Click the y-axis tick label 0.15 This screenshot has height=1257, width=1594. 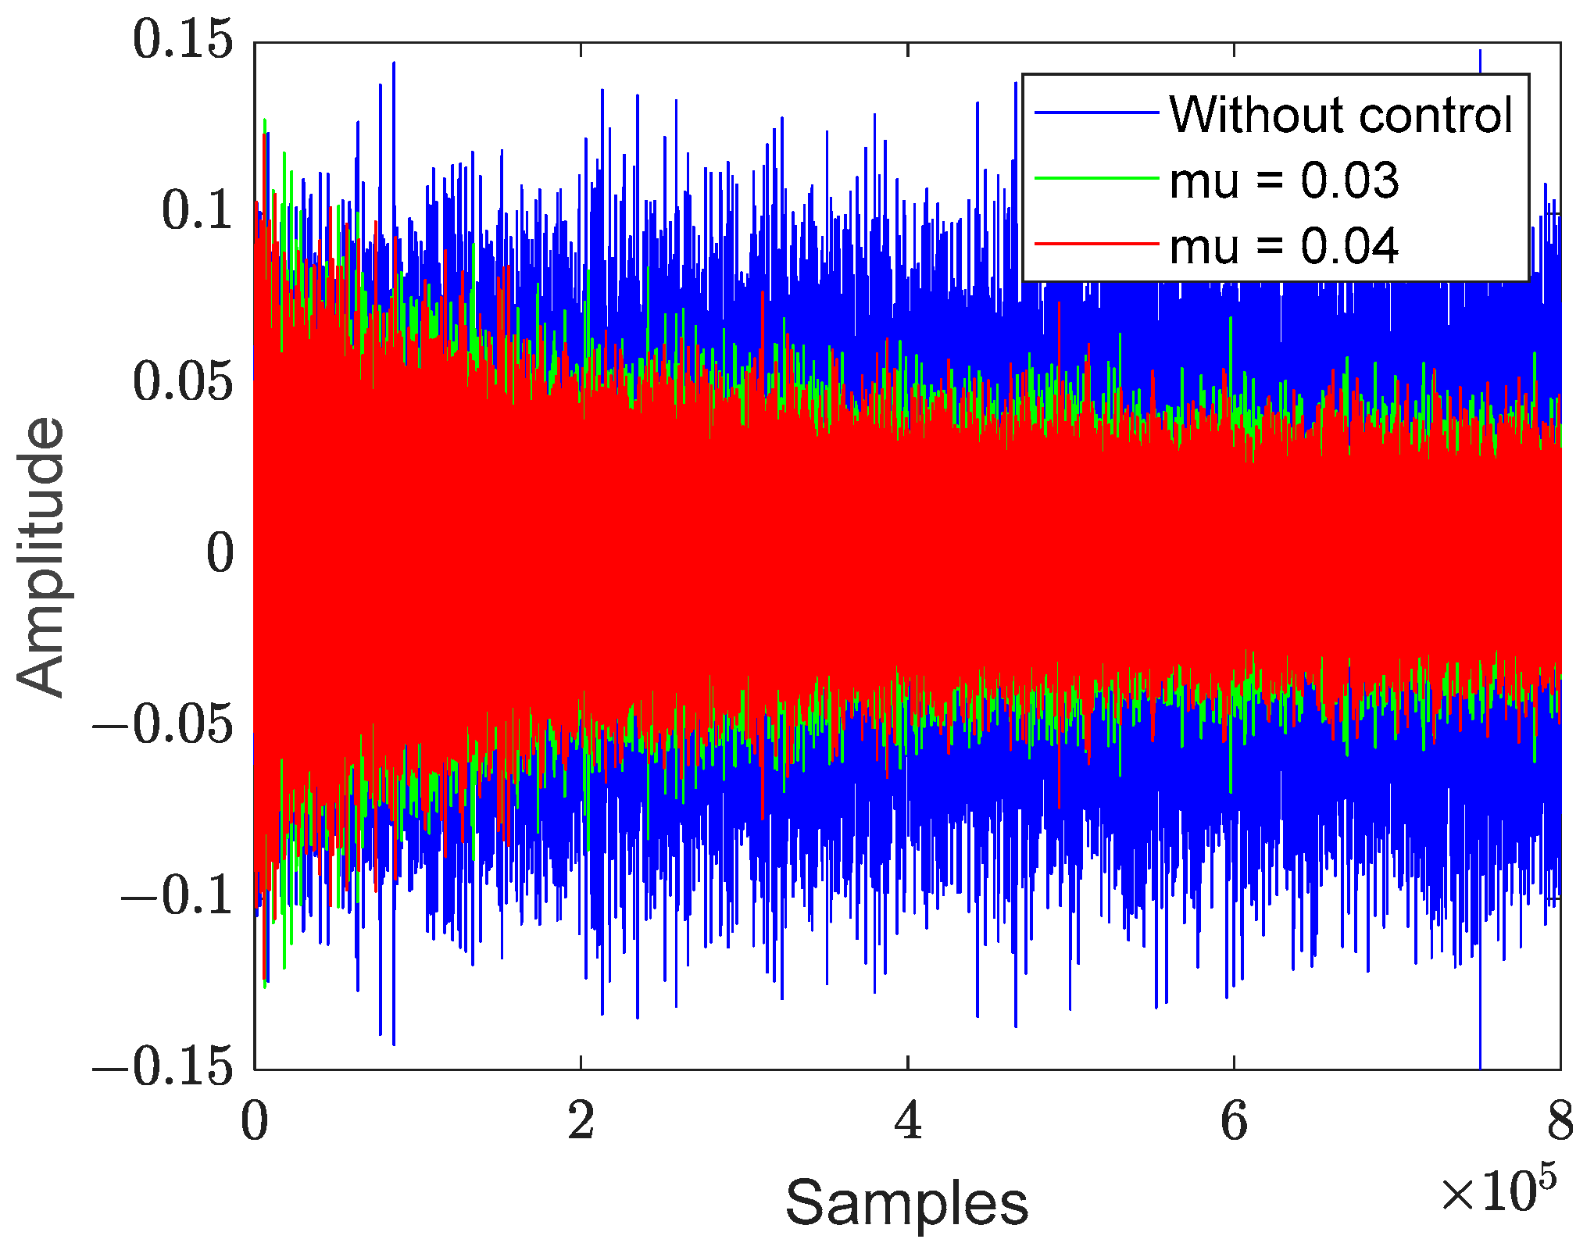183,40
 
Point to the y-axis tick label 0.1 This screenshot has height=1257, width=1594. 197,211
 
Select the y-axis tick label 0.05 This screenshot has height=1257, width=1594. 183,382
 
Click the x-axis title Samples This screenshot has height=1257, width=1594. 906,1204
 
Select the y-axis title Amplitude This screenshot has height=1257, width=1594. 41,556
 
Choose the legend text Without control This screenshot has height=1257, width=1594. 1341,115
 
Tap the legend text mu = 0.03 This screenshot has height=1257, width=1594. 1283,180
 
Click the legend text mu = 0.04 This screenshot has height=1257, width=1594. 1283,246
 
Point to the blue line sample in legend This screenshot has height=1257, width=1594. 1095,113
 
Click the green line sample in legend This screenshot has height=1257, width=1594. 1095,179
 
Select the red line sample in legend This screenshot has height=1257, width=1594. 1095,245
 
